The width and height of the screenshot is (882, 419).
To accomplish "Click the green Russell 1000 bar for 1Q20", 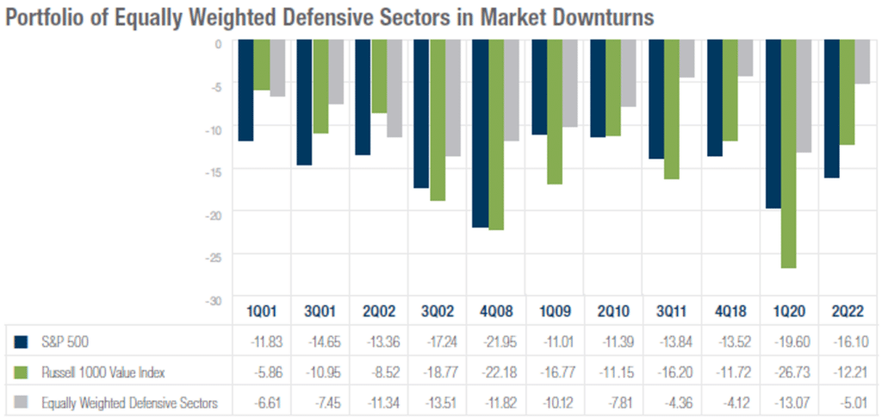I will tap(789, 155).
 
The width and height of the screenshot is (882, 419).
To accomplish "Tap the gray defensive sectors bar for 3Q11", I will tap(687, 60).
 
